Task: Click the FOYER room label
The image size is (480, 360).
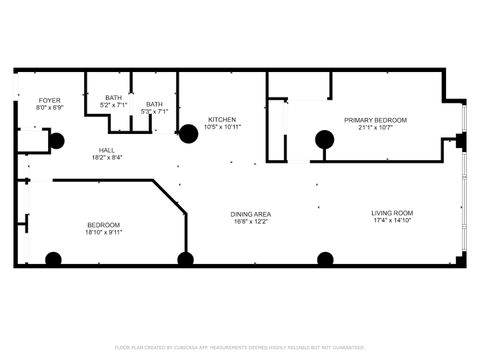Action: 50,100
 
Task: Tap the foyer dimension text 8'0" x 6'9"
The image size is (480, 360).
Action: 50,108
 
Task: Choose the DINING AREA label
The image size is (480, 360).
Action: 251,214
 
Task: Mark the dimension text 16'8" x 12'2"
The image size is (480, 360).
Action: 251,222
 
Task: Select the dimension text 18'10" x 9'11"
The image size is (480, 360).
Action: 103,232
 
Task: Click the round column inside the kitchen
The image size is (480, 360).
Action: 187,133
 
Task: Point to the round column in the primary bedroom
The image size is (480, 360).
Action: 324,139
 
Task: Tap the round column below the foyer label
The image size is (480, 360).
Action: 57,141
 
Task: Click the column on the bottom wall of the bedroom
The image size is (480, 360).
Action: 53,260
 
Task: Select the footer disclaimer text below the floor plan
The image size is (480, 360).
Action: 240,347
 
